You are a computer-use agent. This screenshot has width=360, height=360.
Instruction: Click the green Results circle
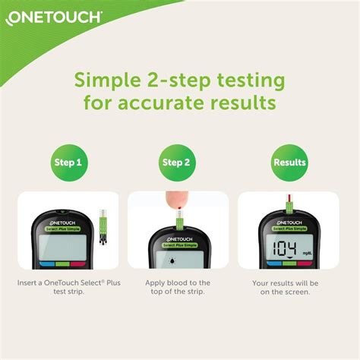point(289,162)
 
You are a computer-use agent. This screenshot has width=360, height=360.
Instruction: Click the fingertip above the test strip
point(177,201)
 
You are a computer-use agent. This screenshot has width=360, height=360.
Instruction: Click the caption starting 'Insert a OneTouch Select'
point(68,286)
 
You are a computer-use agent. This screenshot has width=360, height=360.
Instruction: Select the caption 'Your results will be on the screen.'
point(289,286)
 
